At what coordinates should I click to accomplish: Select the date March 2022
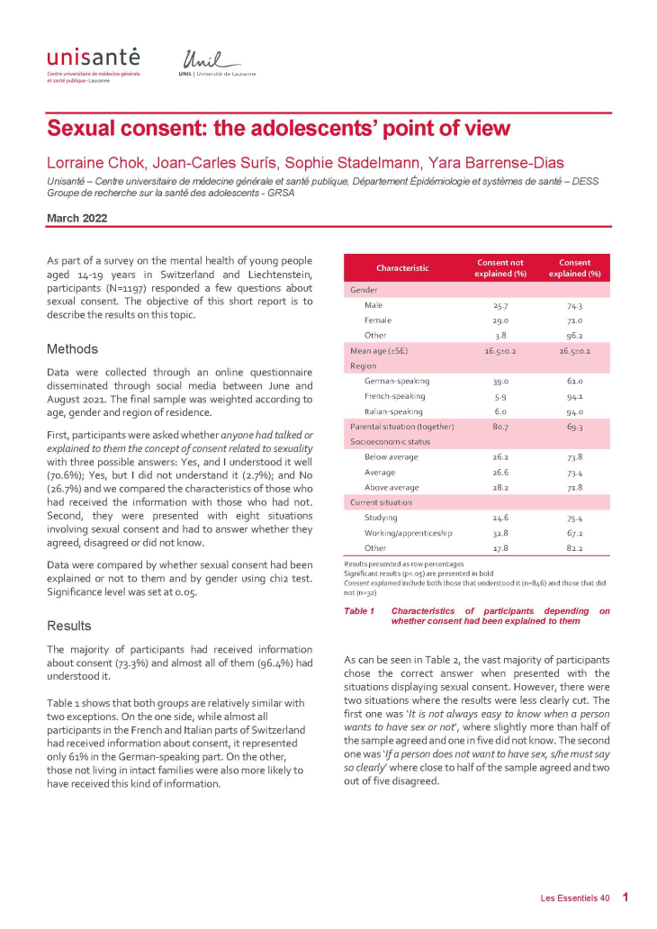coord(76,219)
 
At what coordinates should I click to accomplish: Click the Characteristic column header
coord(402,267)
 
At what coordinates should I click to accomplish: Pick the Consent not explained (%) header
coord(500,267)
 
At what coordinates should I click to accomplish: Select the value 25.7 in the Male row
coord(499,305)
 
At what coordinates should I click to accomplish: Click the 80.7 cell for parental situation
coord(499,426)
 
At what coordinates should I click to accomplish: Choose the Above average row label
coord(391,486)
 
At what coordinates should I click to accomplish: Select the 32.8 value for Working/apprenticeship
coord(499,532)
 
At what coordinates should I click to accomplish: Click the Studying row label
coord(382,517)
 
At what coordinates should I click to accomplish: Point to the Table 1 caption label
coord(359,611)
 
